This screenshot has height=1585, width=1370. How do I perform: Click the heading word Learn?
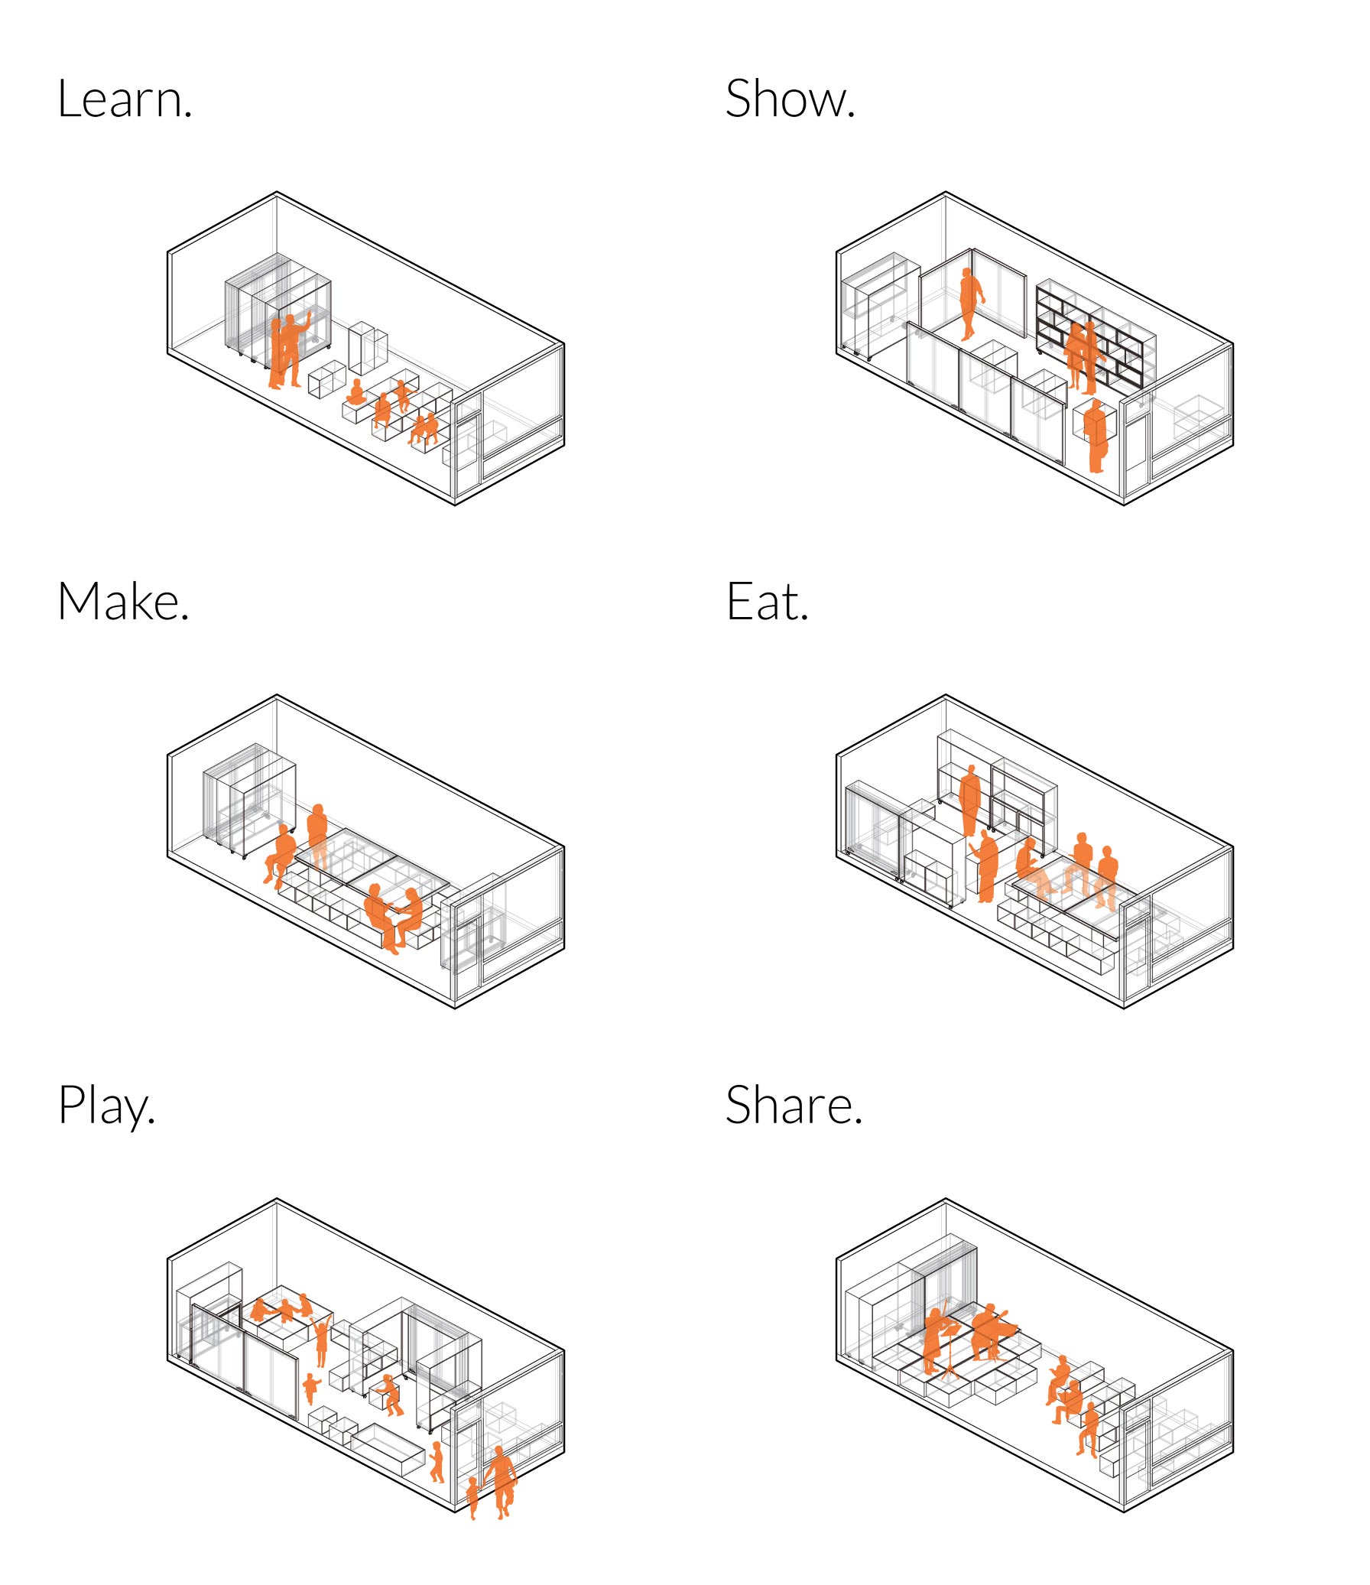[125, 99]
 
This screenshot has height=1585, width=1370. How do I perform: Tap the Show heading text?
[791, 99]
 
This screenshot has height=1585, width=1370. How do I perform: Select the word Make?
[123, 602]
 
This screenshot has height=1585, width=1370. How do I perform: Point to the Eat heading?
[768, 602]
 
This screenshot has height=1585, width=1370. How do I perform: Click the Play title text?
[107, 1107]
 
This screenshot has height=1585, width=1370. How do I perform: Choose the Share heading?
[794, 1106]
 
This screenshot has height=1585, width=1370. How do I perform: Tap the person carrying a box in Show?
[1096, 436]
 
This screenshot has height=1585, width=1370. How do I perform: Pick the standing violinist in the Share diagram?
[938, 1340]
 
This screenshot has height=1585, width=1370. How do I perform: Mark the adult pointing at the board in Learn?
[293, 349]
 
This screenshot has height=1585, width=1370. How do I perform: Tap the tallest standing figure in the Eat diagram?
[970, 801]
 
